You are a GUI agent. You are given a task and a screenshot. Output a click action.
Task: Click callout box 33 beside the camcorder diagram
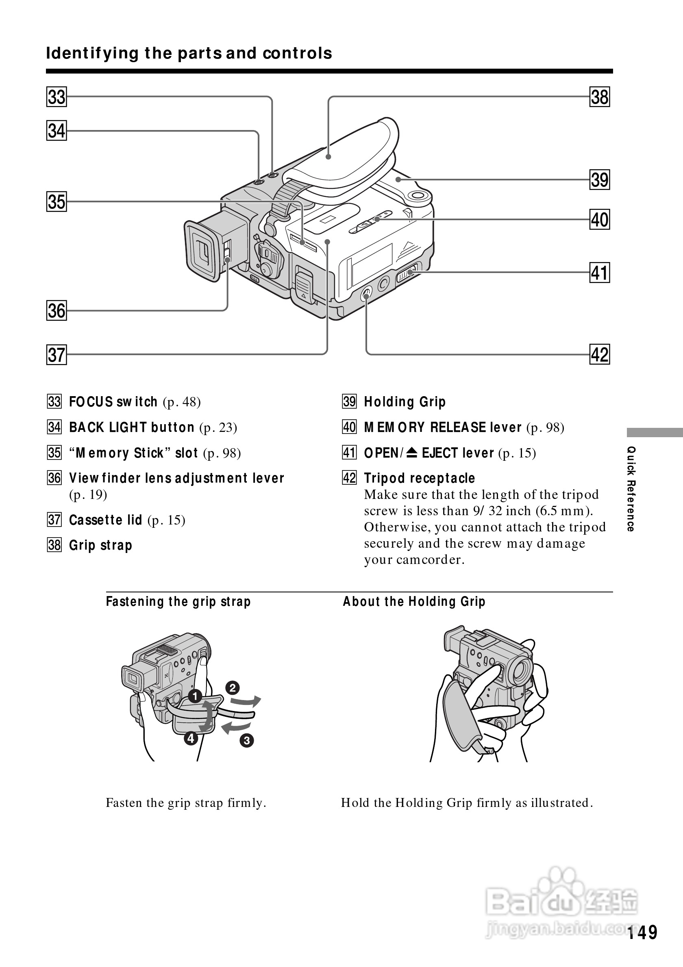point(57,97)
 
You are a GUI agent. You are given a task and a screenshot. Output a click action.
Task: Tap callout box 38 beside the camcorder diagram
point(600,97)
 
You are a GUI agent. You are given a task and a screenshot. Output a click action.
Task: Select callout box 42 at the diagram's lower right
point(600,354)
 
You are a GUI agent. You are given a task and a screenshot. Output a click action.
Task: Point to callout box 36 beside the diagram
point(57,311)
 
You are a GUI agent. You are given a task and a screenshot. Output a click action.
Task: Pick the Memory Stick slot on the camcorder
point(303,243)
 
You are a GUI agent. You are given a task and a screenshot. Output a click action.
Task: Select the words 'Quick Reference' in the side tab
point(631,488)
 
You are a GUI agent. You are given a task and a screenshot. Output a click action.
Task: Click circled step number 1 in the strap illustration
point(195,696)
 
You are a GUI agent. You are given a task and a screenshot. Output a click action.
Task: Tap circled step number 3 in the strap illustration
point(246,740)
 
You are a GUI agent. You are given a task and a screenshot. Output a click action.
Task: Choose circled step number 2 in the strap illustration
point(232,688)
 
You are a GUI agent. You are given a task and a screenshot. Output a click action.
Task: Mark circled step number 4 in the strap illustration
point(191,738)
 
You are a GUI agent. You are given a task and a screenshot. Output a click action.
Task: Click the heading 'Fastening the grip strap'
point(178,601)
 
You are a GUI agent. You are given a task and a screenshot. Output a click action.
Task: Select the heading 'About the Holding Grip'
point(414,601)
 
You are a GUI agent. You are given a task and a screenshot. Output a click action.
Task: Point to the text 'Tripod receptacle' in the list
point(419,478)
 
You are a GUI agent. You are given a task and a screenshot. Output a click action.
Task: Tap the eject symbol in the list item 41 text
point(412,453)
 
